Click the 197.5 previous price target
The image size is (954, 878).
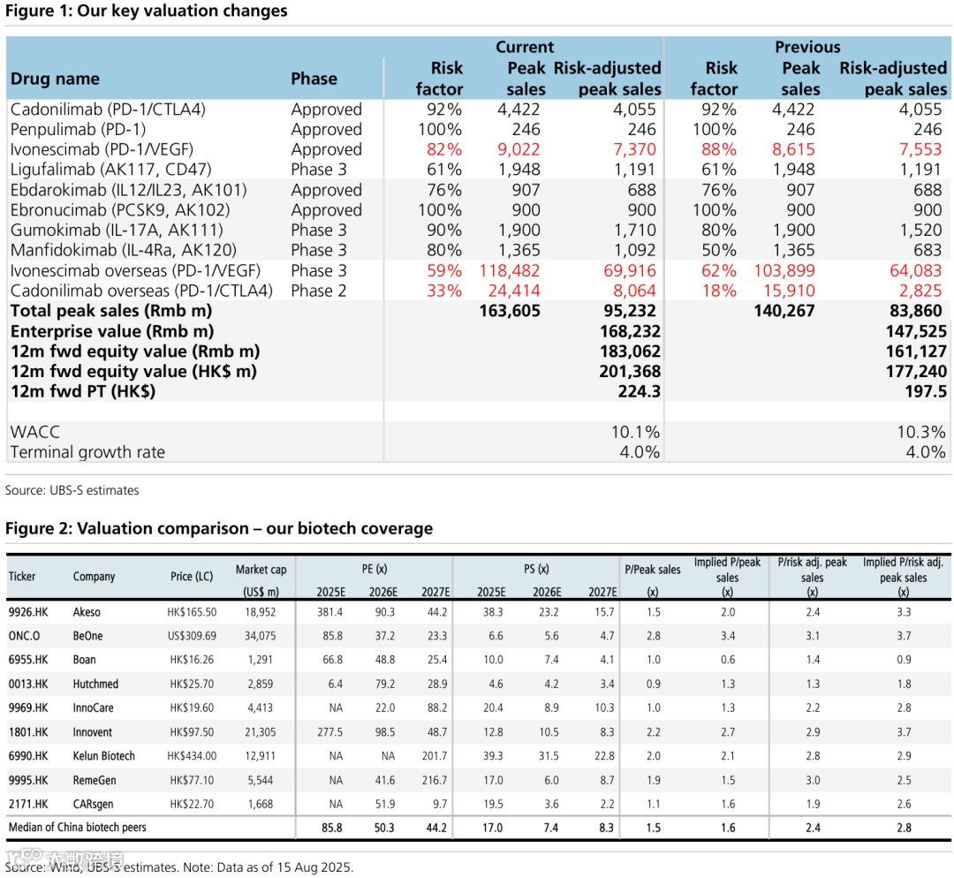pos(925,391)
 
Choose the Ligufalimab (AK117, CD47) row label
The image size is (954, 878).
pos(110,170)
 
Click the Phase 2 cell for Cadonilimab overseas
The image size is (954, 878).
pos(319,291)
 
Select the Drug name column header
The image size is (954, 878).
pos(55,79)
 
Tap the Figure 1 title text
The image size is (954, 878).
pos(147,11)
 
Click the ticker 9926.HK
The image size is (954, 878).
pos(27,612)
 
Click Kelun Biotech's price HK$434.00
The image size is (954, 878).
pos(192,756)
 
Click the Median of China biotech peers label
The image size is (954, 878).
pos(78,828)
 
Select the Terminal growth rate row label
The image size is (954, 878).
pos(87,452)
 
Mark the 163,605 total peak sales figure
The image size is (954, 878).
pos(509,311)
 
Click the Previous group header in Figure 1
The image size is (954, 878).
pos(807,48)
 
